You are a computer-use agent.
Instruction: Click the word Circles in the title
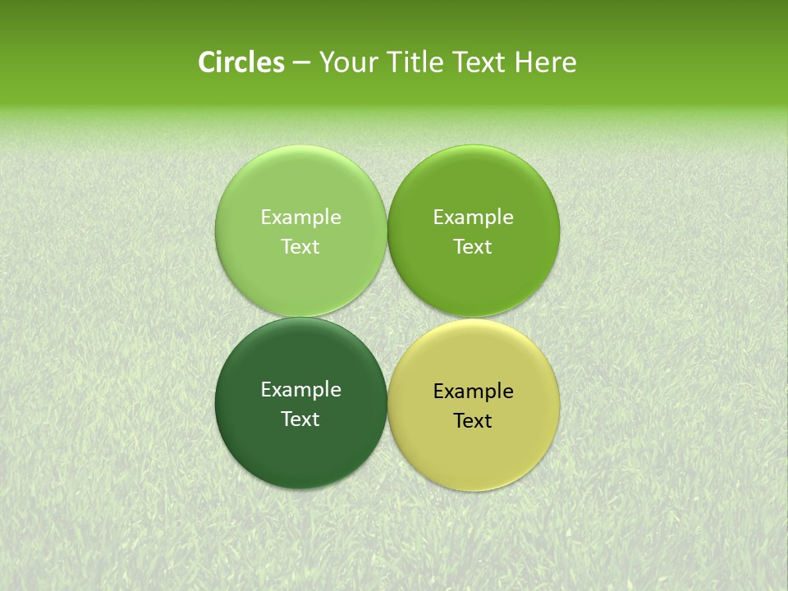tap(241, 62)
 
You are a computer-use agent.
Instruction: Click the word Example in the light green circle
tap(300, 218)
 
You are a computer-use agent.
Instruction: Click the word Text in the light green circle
tap(300, 246)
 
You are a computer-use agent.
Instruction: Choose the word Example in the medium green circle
tap(473, 218)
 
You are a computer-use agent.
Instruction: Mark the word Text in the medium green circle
tap(473, 246)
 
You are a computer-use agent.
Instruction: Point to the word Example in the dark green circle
tap(300, 390)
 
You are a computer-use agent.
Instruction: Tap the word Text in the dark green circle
tap(300, 419)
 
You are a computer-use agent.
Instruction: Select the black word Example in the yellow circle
tap(473, 392)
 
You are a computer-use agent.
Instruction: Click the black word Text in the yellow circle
tap(473, 420)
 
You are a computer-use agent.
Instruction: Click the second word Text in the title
tap(479, 62)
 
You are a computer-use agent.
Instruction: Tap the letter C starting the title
tap(206, 62)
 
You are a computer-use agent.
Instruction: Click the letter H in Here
tap(523, 62)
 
